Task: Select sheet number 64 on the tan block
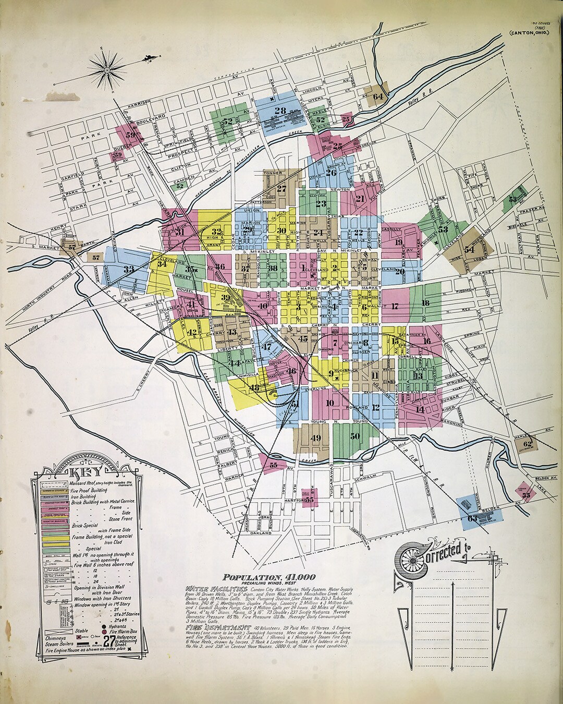pyautogui.click(x=378, y=96)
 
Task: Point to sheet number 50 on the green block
pyautogui.click(x=355, y=436)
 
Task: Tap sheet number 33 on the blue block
pyautogui.click(x=128, y=270)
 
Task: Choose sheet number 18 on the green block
pyautogui.click(x=425, y=303)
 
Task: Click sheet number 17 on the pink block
pyautogui.click(x=395, y=306)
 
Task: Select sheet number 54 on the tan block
pyautogui.click(x=469, y=249)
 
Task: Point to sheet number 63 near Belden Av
pyautogui.click(x=472, y=518)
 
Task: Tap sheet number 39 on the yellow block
pyautogui.click(x=225, y=298)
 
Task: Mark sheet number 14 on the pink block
pyautogui.click(x=420, y=409)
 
